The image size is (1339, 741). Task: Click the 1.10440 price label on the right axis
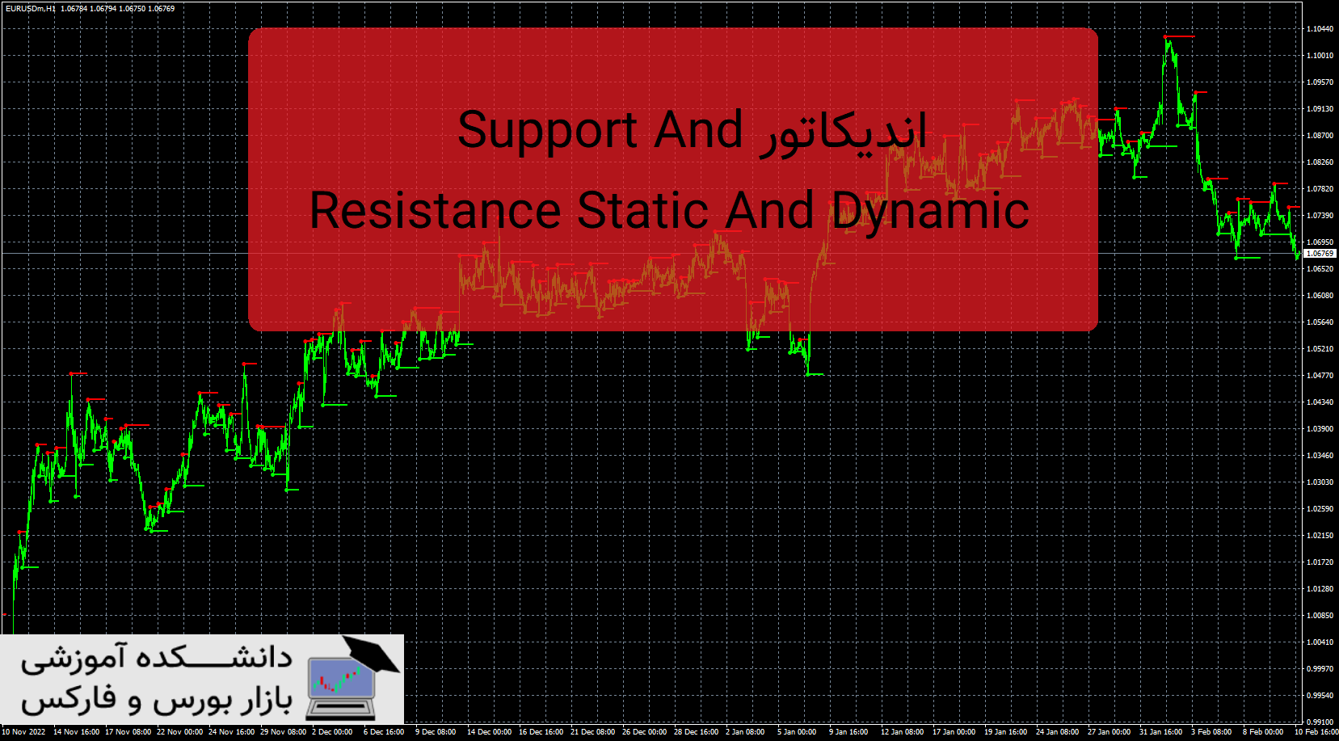pos(1320,29)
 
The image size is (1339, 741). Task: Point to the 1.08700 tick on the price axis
pos(1320,136)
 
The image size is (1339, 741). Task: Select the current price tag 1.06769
pos(1320,254)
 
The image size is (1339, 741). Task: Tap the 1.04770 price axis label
pos(1320,376)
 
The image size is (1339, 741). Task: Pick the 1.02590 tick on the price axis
pos(1320,509)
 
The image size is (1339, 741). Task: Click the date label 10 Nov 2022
pos(23,732)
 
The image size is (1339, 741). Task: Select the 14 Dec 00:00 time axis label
pos(489,732)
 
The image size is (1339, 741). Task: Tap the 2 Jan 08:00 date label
pos(744,732)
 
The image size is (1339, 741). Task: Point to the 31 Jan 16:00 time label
pos(1160,732)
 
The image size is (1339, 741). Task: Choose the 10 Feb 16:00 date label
pos(1316,732)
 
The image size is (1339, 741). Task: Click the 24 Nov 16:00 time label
pos(231,732)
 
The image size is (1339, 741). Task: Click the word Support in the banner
pos(548,130)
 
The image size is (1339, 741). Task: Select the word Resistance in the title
pos(436,211)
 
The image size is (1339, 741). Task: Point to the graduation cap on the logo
pos(369,652)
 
